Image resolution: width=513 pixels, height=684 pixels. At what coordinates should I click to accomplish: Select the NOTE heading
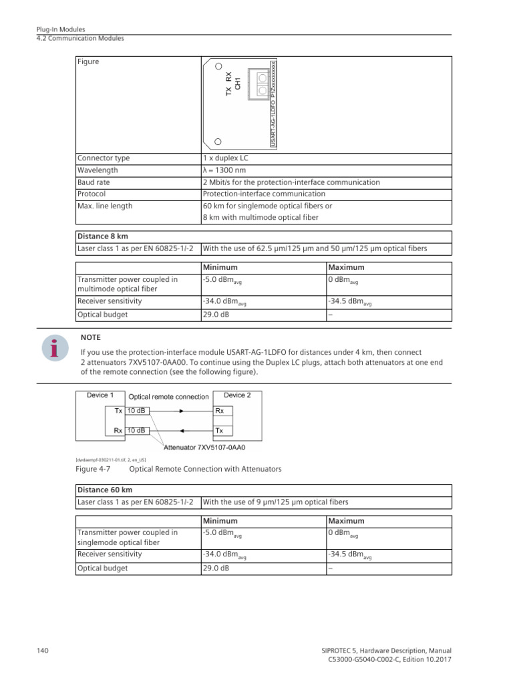click(x=90, y=337)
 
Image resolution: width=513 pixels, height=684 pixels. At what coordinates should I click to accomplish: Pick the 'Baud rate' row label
click(x=94, y=182)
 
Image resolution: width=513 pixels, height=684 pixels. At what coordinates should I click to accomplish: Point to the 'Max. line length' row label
click(x=105, y=206)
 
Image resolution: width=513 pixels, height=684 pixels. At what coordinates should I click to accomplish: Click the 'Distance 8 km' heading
click(x=102, y=237)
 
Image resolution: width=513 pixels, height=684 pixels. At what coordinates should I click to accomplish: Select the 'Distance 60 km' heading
click(x=104, y=490)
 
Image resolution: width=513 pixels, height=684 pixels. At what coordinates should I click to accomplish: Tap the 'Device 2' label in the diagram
click(x=237, y=395)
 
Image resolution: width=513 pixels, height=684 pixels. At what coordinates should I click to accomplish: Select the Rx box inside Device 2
click(x=220, y=411)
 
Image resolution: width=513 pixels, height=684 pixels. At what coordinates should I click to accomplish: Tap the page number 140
click(x=41, y=651)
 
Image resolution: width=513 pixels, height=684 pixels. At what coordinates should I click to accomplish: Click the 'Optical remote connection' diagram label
click(x=168, y=396)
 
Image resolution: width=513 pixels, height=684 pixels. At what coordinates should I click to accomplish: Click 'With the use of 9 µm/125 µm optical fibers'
click(x=275, y=502)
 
